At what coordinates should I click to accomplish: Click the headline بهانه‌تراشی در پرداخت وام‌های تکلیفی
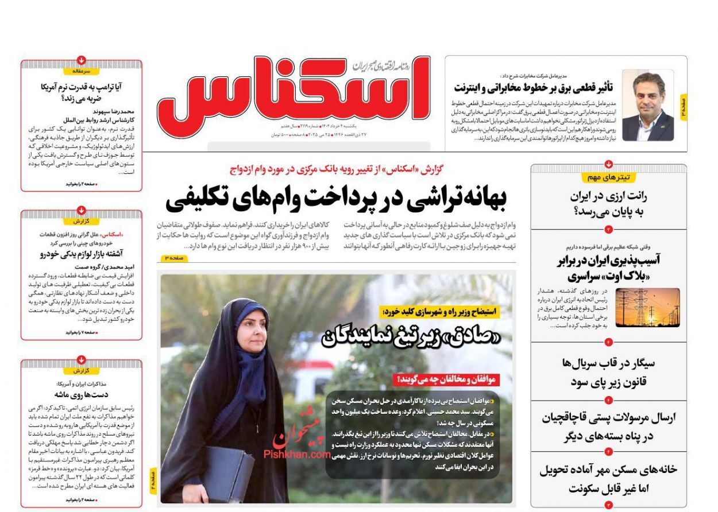(336, 197)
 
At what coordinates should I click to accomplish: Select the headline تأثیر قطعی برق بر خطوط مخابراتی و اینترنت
(534, 87)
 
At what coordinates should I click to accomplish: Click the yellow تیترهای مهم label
(608, 177)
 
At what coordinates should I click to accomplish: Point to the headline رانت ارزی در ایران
(608, 196)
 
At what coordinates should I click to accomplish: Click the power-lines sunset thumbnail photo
(647, 308)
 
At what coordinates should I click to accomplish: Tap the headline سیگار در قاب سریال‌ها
(608, 363)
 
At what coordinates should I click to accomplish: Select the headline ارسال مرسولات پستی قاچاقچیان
(608, 418)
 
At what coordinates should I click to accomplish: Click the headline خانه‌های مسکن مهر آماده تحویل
(608, 470)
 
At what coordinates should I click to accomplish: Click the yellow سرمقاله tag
(81, 71)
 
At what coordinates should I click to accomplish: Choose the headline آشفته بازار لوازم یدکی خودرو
(81, 254)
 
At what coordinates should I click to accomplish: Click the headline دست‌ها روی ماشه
(81, 394)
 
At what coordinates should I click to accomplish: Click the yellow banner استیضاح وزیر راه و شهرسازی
(440, 312)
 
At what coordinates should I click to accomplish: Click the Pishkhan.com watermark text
(296, 453)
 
